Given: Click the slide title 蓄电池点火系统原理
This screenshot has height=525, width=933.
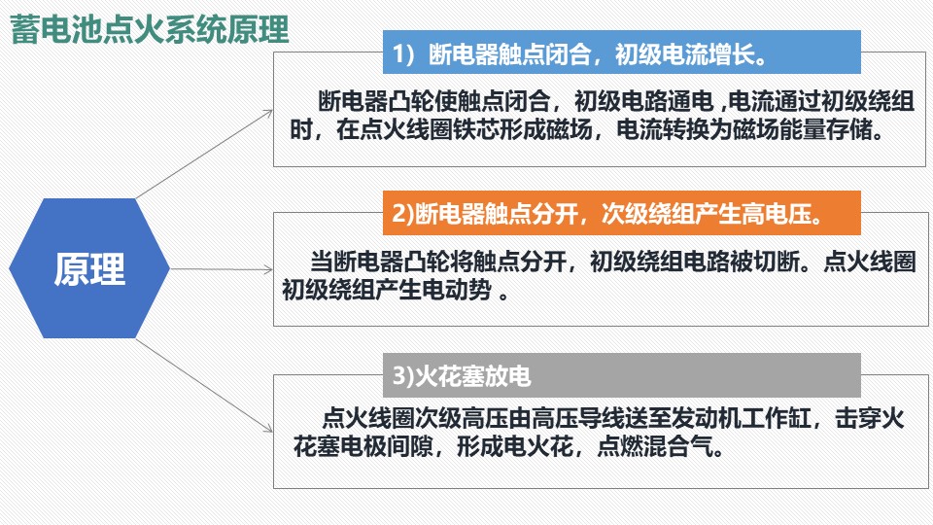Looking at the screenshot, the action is [150, 30].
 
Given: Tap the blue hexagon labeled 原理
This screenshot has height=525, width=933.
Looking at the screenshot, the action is [89, 268].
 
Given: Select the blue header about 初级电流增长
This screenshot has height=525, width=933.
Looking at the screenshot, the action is [621, 52].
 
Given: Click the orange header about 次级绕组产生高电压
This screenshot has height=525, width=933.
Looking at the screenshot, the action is [621, 213].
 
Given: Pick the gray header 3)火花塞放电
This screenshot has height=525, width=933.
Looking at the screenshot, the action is [621, 375].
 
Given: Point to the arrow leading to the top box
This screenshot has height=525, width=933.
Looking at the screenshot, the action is [204, 155].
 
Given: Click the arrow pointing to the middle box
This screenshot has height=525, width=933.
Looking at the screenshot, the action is [222, 269].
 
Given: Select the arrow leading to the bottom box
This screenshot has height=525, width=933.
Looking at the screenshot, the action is [204, 386].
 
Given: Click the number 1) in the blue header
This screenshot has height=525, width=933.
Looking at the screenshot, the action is [403, 54].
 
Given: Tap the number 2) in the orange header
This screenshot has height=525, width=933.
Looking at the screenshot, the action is [402, 214].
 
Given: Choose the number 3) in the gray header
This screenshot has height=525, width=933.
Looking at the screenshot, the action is [402, 376].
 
